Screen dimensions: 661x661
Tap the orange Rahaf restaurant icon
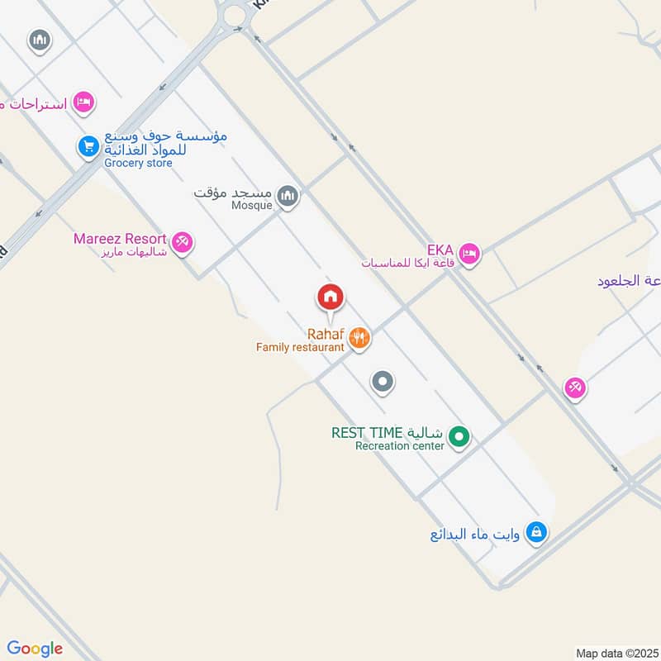pyautogui.click(x=359, y=337)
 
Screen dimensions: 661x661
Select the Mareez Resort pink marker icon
pyautogui.click(x=183, y=242)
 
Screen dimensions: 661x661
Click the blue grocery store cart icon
pyautogui.click(x=88, y=147)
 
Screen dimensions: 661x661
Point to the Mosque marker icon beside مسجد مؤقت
pyautogui.click(x=288, y=197)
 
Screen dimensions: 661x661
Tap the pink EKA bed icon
pyautogui.click(x=469, y=254)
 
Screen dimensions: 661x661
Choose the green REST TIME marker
pyautogui.click(x=459, y=436)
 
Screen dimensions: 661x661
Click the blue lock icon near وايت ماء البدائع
pyautogui.click(x=536, y=532)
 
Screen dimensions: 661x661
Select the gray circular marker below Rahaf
pyautogui.click(x=382, y=382)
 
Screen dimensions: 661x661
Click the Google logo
pyautogui.click(x=35, y=649)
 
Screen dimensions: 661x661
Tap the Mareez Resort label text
pyautogui.click(x=120, y=239)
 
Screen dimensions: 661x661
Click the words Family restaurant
pyautogui.click(x=299, y=348)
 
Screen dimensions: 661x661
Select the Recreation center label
pyautogui.click(x=400, y=446)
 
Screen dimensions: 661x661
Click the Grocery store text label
pyautogui.click(x=138, y=163)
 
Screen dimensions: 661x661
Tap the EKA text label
pyautogui.click(x=440, y=250)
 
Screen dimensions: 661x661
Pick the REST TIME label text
pyautogui.click(x=367, y=433)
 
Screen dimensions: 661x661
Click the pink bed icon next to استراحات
pyautogui.click(x=83, y=103)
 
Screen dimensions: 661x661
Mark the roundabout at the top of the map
pyautogui.click(x=235, y=13)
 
